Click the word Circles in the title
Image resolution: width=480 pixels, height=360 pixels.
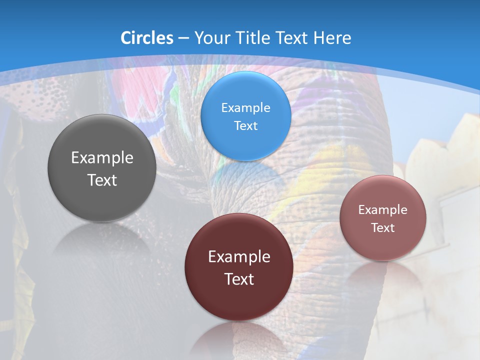click(147, 38)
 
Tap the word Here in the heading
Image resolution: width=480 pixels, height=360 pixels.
click(331, 38)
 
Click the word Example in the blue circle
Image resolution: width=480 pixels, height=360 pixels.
click(245, 108)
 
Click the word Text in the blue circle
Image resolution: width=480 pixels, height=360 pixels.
click(245, 126)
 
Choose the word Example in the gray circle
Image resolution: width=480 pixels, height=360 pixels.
click(102, 158)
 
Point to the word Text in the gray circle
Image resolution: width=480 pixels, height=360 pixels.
click(102, 180)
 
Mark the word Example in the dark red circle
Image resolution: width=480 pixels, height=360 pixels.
click(239, 257)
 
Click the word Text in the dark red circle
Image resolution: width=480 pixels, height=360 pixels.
click(239, 279)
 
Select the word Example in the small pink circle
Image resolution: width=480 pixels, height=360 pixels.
click(382, 210)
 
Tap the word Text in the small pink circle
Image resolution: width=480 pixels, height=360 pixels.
click(382, 228)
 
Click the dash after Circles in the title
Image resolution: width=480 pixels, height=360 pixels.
click(183, 38)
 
